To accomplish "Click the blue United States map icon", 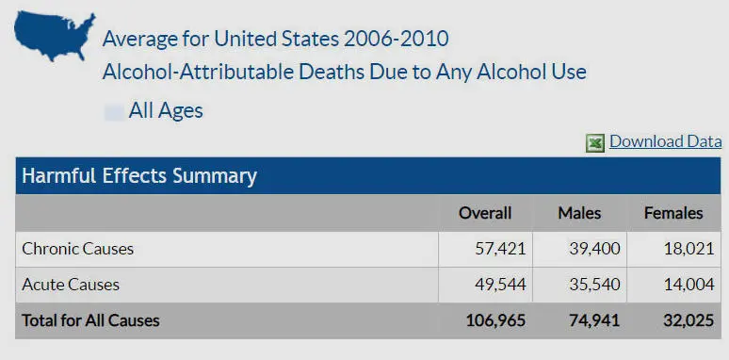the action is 55,36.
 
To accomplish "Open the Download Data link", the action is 665,141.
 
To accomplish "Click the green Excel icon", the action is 595,143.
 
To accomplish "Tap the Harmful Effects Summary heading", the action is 139,176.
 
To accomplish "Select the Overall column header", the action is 485,213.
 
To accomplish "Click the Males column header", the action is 579,213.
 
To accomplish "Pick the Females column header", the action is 673,213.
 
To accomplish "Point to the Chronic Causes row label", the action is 77,249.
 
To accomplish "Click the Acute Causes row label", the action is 71,285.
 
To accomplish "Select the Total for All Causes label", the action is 90,320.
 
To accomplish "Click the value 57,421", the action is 500,249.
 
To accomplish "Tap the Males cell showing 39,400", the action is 594,249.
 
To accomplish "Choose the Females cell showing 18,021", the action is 689,249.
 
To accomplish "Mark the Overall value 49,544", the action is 500,285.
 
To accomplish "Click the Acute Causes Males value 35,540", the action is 594,285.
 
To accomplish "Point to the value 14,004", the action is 689,285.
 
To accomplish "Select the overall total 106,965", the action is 495,320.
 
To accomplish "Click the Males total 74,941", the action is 594,320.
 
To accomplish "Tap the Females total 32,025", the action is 688,320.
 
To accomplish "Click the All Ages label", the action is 166,111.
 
